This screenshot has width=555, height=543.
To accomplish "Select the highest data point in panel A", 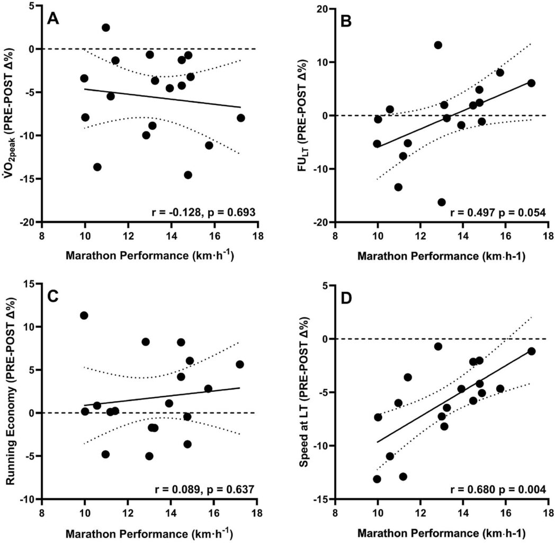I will tap(106, 28).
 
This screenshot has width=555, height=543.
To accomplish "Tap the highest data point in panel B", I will tap(438, 45).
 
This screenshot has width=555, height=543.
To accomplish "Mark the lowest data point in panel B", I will tap(442, 202).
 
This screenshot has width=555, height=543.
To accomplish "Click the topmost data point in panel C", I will tap(84, 316).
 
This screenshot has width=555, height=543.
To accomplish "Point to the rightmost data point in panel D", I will tap(531, 351).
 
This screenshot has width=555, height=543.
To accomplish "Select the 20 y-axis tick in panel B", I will tap(322, 9).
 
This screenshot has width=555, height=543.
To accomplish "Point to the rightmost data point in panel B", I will tap(531, 83).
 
